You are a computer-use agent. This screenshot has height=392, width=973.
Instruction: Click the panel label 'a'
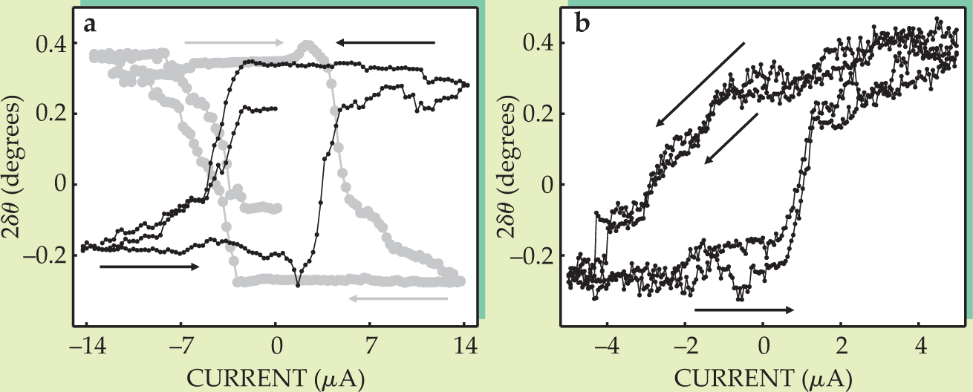click(91, 24)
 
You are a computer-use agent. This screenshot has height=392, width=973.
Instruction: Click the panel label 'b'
click(583, 24)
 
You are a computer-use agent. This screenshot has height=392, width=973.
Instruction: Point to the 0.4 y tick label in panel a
click(52, 44)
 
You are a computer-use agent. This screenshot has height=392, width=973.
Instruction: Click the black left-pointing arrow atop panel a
click(385, 43)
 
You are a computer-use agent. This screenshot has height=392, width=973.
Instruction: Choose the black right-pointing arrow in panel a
click(149, 266)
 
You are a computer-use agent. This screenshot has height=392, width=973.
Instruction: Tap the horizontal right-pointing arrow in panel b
click(744, 310)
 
